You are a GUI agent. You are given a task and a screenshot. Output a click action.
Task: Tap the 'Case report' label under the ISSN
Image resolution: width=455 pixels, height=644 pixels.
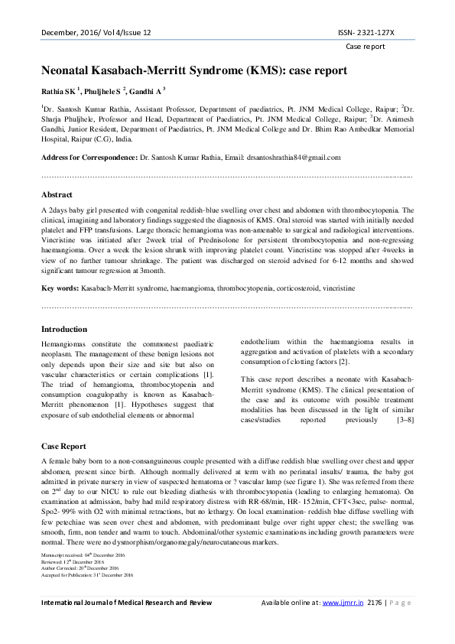pyautogui.click(x=366, y=47)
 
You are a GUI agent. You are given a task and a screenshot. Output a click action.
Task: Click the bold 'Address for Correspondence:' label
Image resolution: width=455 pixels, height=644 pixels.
pyautogui.click(x=89, y=157)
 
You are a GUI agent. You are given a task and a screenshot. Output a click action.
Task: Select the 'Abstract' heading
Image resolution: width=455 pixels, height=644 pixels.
pyautogui.click(x=57, y=195)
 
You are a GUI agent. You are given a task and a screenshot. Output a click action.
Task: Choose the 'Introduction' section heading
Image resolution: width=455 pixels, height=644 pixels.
pyautogui.click(x=63, y=329)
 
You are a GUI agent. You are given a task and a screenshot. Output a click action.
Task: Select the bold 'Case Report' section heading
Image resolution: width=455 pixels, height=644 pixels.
pyautogui.click(x=63, y=446)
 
